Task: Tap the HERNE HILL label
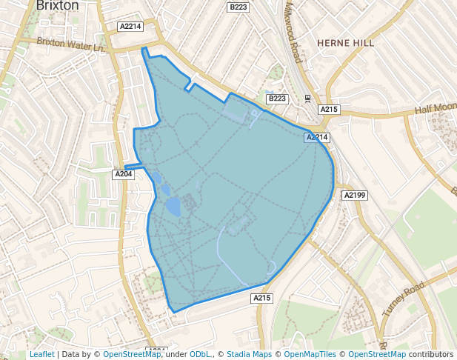tap(345, 43)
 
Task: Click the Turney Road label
tap(403, 299)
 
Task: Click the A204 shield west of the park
tap(124, 173)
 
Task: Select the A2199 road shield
tap(354, 196)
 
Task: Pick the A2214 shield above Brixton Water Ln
tap(130, 26)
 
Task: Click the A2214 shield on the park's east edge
tap(316, 137)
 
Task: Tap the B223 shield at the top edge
tap(238, 7)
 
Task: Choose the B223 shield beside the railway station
tap(276, 99)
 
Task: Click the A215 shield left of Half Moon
tap(329, 110)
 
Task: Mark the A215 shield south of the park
tap(262, 298)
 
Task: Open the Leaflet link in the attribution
tap(41, 354)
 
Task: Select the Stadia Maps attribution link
tap(249, 354)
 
